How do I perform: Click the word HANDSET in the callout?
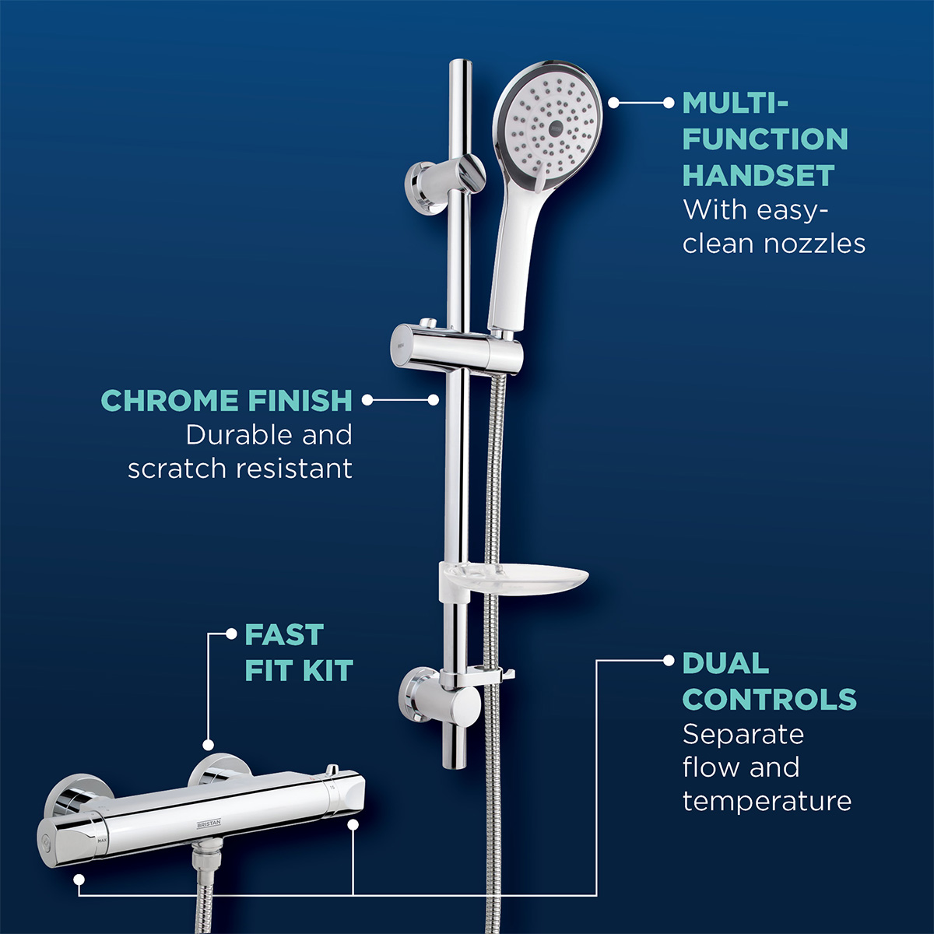click(x=758, y=176)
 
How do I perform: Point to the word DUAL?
click(x=725, y=664)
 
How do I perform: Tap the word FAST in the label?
click(x=283, y=635)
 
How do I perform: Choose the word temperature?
click(x=767, y=801)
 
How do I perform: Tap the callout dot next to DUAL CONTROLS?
click(x=668, y=661)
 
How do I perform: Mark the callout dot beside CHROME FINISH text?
click(x=367, y=400)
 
